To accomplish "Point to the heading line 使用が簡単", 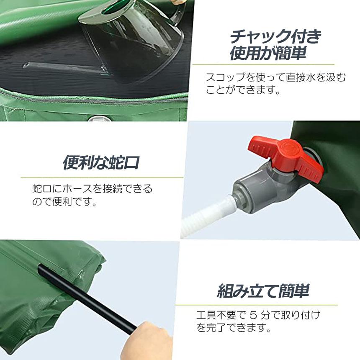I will (268, 54).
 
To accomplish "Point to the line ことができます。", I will (242, 90).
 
